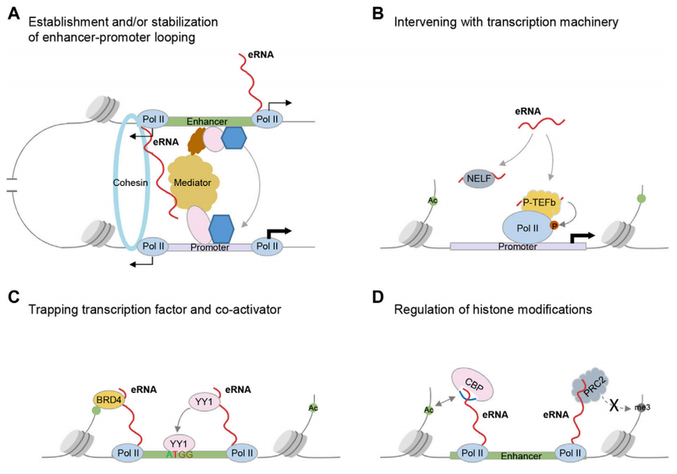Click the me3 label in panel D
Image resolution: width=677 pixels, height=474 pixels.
point(644,409)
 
